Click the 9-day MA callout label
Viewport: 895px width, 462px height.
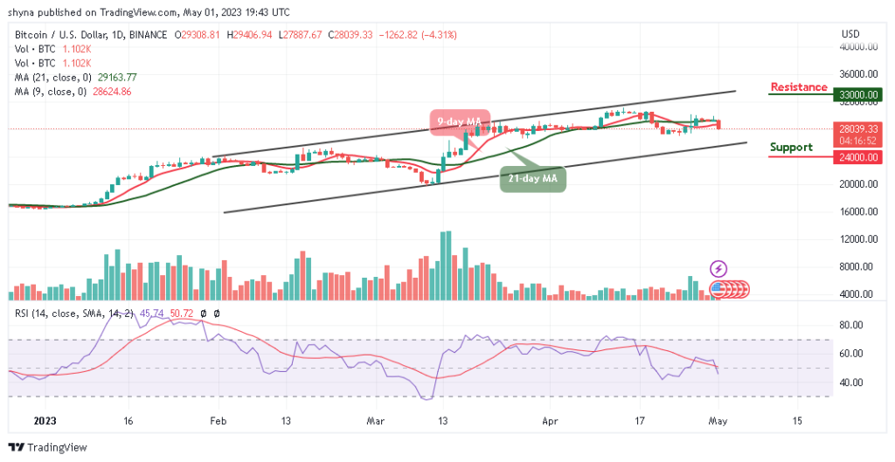(459, 121)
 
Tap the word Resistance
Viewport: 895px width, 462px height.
(798, 87)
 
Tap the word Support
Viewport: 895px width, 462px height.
(791, 148)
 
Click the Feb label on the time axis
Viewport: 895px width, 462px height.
(218, 420)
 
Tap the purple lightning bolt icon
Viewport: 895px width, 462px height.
(718, 268)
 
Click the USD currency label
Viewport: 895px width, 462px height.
(850, 34)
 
